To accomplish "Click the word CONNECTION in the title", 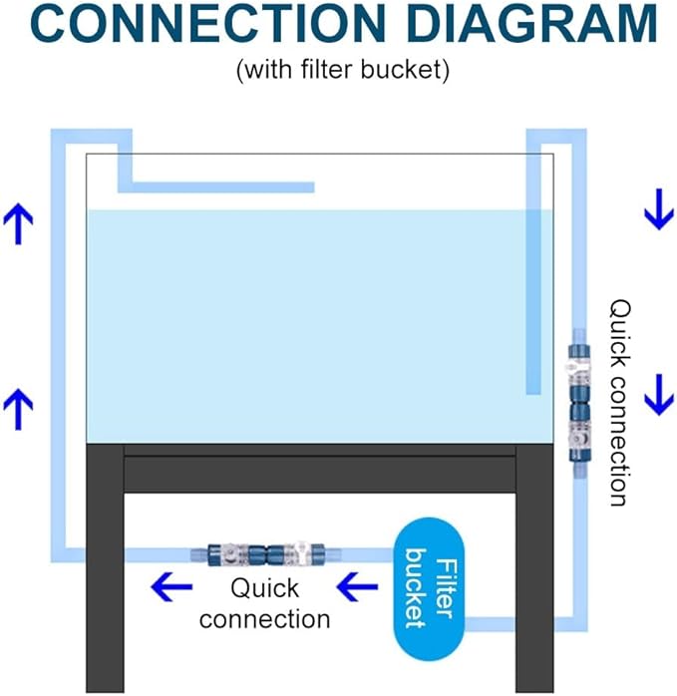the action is click(208, 23).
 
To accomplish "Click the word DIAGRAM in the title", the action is click(531, 23).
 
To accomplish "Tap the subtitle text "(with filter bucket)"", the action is click(343, 70).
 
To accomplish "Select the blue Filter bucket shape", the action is click(430, 588).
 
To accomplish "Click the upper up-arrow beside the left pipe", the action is click(18, 223).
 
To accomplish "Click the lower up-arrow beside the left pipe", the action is click(18, 409).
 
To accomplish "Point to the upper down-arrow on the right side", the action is click(659, 209).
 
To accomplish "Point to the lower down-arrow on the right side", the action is click(659, 395).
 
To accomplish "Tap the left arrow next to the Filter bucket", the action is click(357, 586).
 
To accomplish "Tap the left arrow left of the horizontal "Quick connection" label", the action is click(171, 586).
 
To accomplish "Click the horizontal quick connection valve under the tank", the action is click(266, 554).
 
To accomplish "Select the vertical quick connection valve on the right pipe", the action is click(579, 403).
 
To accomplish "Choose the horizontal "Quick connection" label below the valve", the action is click(264, 603).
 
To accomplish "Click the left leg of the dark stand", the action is click(105, 567).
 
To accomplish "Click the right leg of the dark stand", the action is click(534, 567).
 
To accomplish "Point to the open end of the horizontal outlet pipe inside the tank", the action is click(314, 187).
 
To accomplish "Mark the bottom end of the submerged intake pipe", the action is click(533, 393).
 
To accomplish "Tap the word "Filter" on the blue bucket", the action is click(446, 588).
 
